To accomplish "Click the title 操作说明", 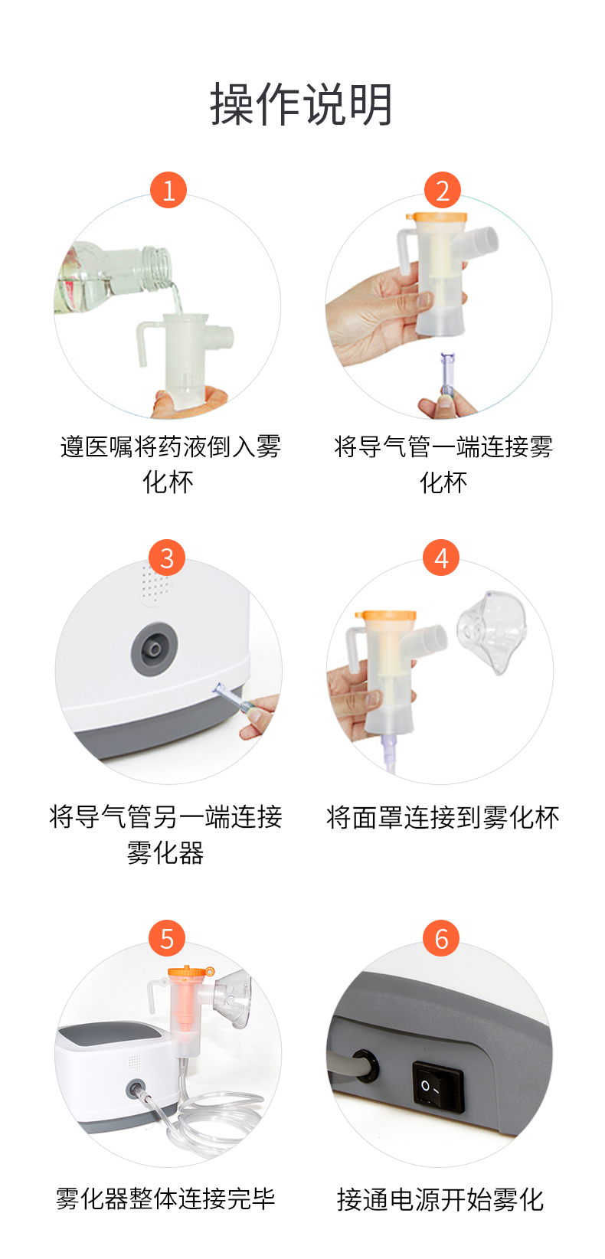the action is point(302,104).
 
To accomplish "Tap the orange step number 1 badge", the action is point(168,190).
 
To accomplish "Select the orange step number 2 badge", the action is point(443,190).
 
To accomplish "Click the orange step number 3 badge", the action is point(167,558).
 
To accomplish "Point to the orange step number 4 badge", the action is point(441,558).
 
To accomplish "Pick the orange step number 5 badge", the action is point(167,938).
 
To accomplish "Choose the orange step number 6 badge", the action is point(441,938).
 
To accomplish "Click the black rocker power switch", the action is point(438,1086).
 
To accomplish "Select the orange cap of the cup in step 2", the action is point(437,217).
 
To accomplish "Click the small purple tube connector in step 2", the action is point(447,373).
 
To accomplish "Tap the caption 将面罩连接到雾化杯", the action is point(443,817).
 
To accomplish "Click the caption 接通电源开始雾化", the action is point(440,1199).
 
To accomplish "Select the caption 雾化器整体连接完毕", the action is point(165,1199).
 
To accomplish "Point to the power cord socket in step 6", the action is point(365,1066).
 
